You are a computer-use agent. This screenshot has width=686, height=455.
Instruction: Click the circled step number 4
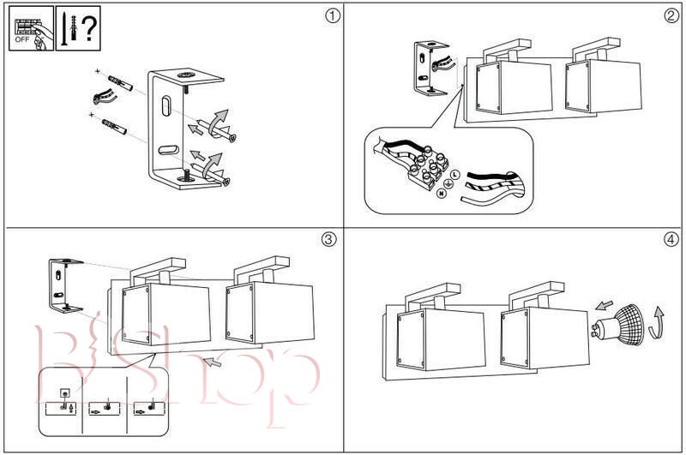click(671, 240)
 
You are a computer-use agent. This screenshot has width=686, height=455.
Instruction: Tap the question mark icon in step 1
click(87, 29)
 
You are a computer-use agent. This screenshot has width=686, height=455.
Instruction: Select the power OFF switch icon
click(28, 29)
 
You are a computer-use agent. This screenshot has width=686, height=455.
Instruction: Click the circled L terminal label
click(454, 174)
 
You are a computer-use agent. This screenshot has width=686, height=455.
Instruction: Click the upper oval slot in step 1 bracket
click(165, 108)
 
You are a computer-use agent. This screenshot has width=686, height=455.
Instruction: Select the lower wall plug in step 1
click(112, 129)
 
